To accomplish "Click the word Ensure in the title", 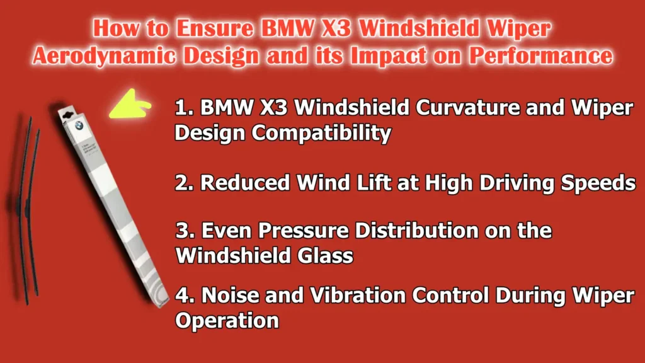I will (x=207, y=30).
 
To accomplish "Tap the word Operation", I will (x=226, y=320).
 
